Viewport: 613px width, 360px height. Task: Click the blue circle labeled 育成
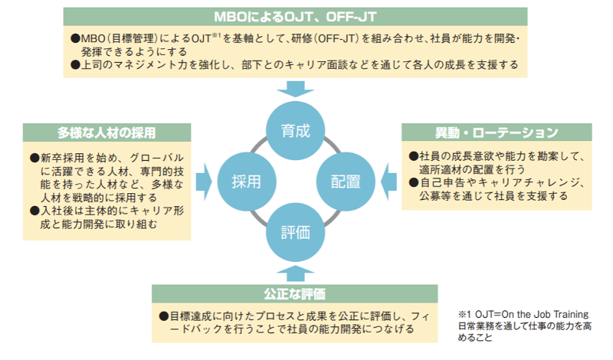click(295, 130)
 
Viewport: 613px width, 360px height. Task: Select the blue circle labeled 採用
click(247, 182)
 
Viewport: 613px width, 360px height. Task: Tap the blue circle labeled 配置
click(346, 182)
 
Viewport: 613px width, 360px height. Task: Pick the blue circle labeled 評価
click(295, 232)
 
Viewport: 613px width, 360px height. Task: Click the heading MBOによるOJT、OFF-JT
click(295, 17)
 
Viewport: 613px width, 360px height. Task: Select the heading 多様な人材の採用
click(107, 133)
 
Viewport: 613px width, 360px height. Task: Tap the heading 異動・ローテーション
click(497, 133)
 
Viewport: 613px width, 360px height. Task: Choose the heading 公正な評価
click(294, 293)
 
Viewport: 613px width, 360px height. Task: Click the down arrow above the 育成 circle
click(295, 89)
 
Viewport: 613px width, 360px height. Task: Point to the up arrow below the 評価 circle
click(295, 273)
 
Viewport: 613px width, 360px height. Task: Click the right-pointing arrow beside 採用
click(204, 182)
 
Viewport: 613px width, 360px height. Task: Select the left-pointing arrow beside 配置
click(389, 182)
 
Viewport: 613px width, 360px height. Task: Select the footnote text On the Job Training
click(545, 314)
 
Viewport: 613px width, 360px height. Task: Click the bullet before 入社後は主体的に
click(34, 211)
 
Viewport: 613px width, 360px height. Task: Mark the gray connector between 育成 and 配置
click(333, 145)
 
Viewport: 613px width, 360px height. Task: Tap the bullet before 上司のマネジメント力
click(75, 65)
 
